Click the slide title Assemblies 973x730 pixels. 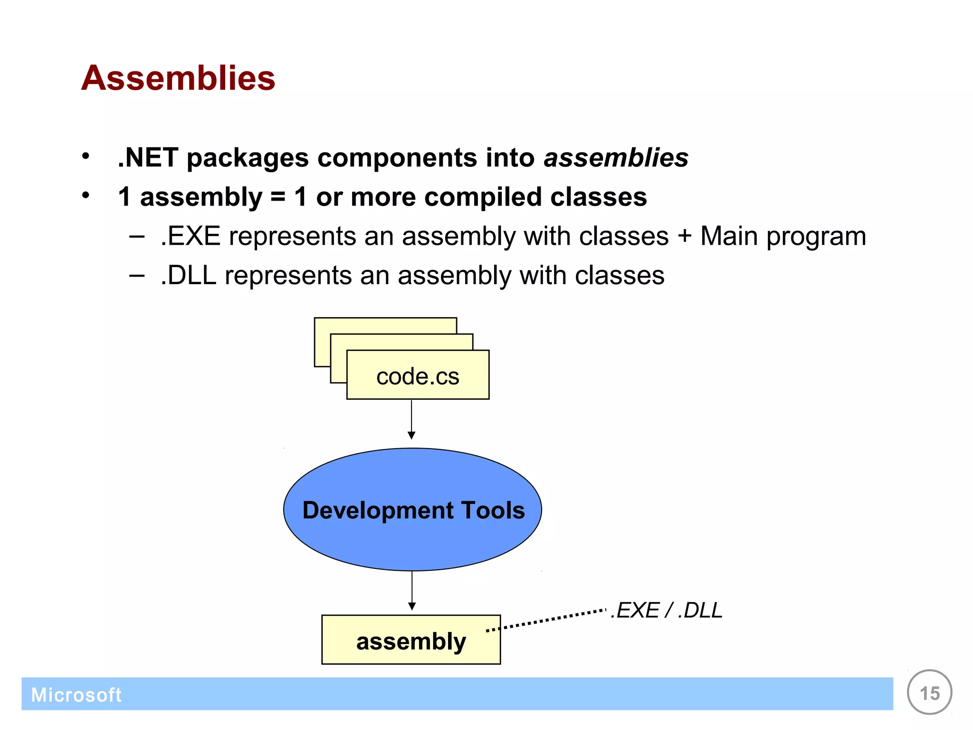(x=178, y=78)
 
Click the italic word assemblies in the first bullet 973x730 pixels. (x=616, y=157)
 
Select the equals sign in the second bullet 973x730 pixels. (x=278, y=197)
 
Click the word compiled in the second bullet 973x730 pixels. (x=483, y=197)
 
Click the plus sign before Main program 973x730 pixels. (x=685, y=236)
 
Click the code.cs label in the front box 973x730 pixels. (x=418, y=376)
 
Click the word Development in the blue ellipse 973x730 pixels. (x=378, y=510)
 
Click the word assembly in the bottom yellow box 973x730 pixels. (x=411, y=641)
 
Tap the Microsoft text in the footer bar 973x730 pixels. (x=76, y=695)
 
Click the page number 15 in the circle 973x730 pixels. (x=929, y=693)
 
